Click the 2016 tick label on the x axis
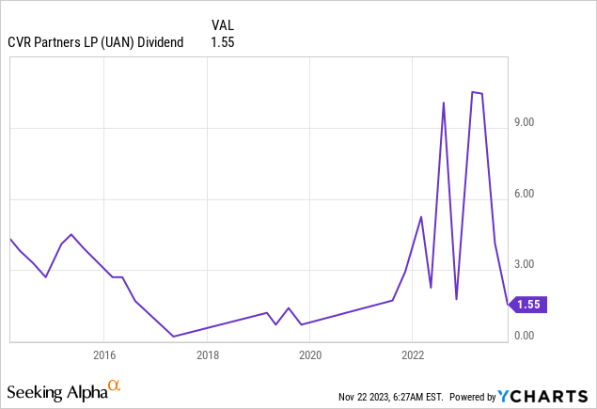point(103,355)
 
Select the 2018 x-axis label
point(207,355)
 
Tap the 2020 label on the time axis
point(310,355)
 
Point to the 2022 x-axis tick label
point(413,355)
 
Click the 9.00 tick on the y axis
point(523,122)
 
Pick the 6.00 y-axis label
point(523,194)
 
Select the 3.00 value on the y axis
point(523,265)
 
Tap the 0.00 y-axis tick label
point(523,336)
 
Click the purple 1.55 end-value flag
point(528,304)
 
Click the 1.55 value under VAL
point(222,42)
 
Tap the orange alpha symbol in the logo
point(114,385)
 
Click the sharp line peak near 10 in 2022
point(443,102)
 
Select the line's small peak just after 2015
point(71,234)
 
